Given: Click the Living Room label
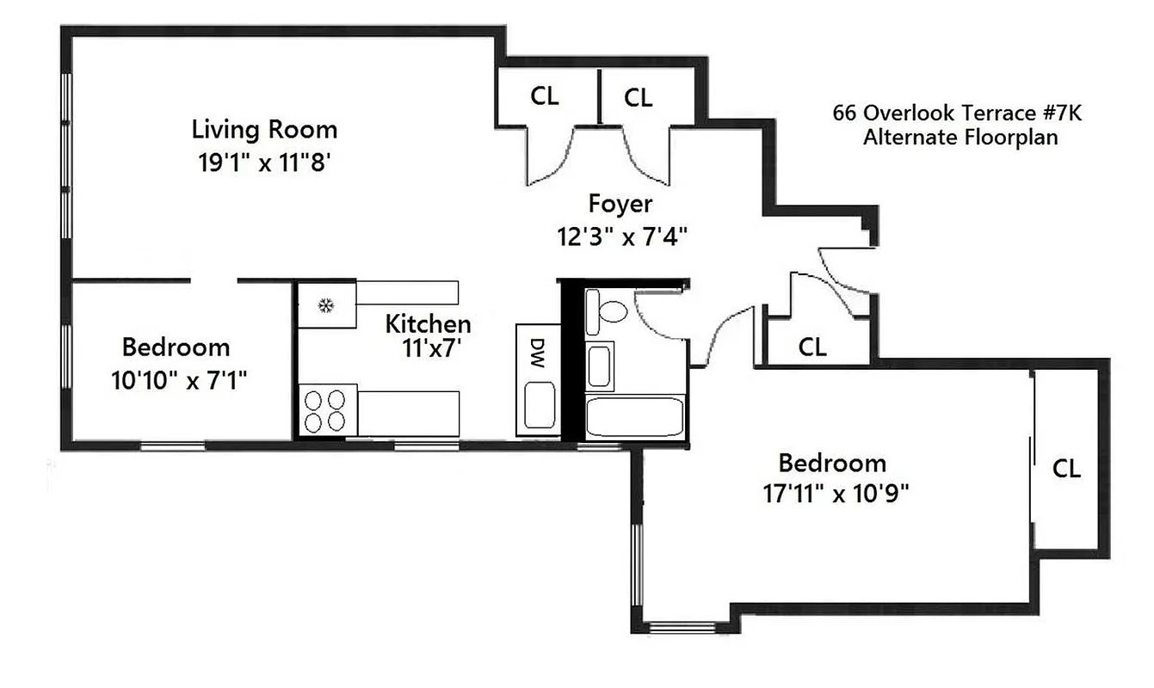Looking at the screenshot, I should [264, 130].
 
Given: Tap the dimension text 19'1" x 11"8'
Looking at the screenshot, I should [264, 163].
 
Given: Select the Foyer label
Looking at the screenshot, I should [620, 204].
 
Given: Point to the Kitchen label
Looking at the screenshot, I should [428, 324].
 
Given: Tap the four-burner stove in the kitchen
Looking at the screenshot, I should [327, 410].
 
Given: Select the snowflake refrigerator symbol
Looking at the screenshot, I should [326, 304].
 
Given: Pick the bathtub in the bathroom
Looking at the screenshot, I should [634, 417].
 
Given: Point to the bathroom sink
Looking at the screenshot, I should [600, 365].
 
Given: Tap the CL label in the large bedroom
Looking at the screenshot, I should [1066, 469].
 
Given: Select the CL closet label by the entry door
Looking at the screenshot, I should [812, 347].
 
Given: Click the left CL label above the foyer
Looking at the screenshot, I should [544, 96].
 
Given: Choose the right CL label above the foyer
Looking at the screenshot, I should [638, 98].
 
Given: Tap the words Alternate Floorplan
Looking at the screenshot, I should [960, 137].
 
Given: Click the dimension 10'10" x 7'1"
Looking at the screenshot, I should [179, 379].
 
